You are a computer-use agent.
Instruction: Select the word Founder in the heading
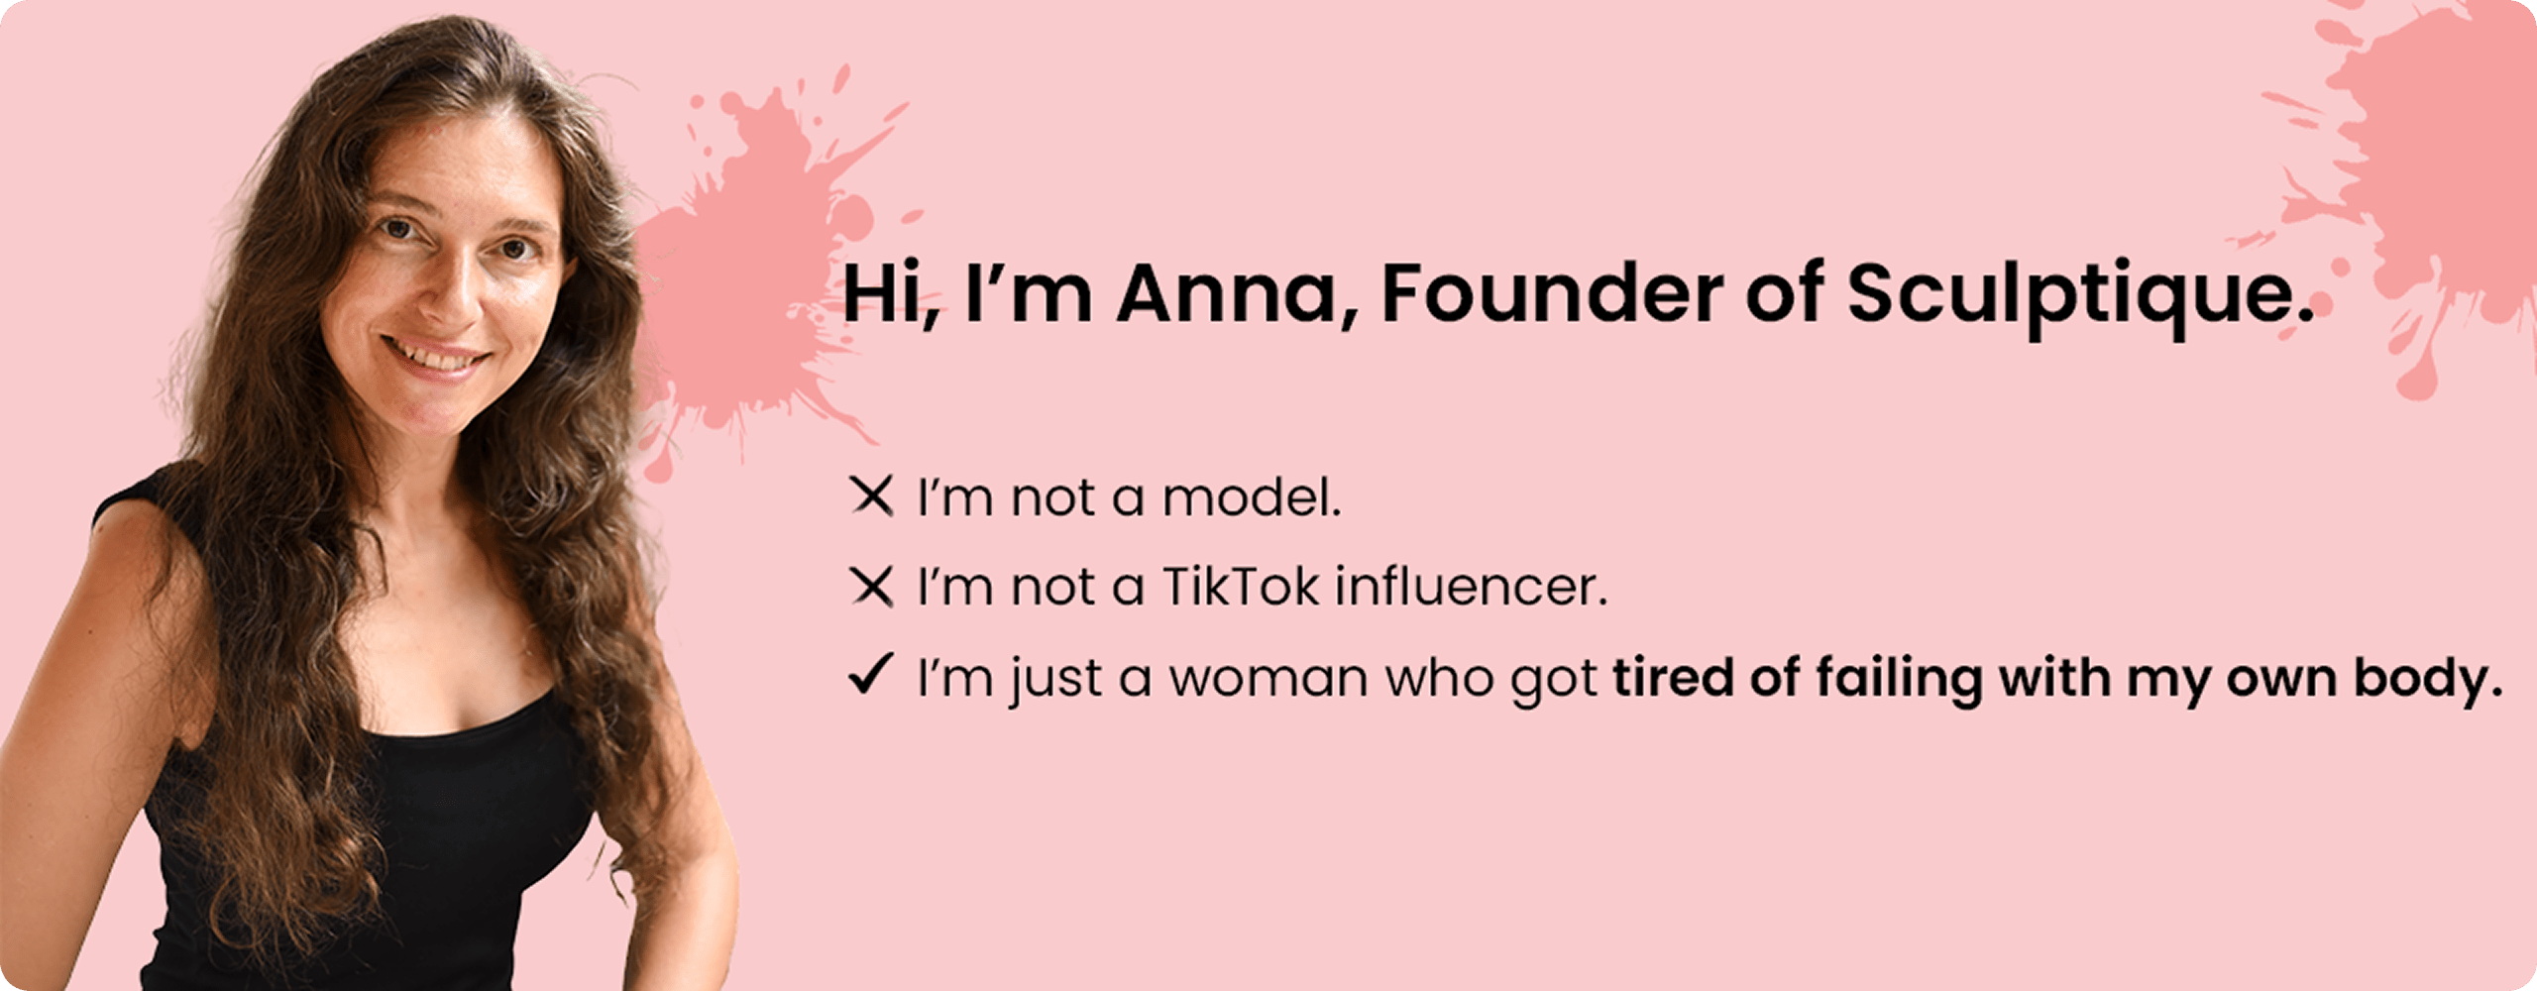(x=1553, y=293)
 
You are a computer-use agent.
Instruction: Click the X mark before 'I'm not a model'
(x=872, y=495)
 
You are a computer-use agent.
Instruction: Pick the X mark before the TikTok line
(x=872, y=586)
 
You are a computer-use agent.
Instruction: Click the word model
(x=1252, y=496)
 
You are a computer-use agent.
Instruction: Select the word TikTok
(x=1241, y=586)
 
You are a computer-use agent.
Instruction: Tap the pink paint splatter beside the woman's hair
(x=753, y=277)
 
